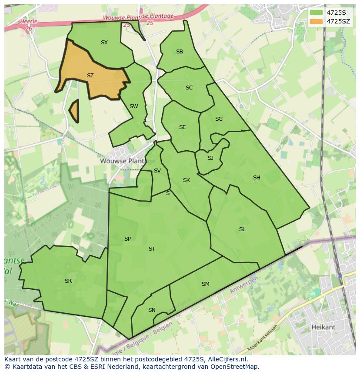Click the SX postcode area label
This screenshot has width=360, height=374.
(x=104, y=43)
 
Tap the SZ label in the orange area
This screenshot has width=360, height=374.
(x=90, y=76)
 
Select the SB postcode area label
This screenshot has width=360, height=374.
(x=180, y=52)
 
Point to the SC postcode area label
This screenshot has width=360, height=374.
(x=189, y=88)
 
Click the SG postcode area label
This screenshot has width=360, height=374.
(x=219, y=119)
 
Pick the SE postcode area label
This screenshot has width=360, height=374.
(x=183, y=127)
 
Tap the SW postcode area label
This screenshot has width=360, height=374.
(x=134, y=106)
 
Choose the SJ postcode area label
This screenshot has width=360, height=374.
(x=210, y=158)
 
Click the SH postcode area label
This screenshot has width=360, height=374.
(x=257, y=178)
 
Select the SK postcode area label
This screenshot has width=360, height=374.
(x=187, y=180)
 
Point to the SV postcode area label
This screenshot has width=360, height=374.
(x=157, y=171)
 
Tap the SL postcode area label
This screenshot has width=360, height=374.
(x=242, y=229)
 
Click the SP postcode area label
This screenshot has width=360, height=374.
(x=127, y=239)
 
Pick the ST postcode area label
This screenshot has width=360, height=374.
(x=152, y=249)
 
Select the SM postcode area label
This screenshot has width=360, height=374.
(x=206, y=284)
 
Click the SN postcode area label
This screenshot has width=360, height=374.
(x=152, y=310)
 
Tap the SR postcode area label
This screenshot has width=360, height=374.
(x=68, y=281)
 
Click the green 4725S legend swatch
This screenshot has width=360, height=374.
(x=317, y=13)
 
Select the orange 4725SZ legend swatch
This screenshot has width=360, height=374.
(x=317, y=21)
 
